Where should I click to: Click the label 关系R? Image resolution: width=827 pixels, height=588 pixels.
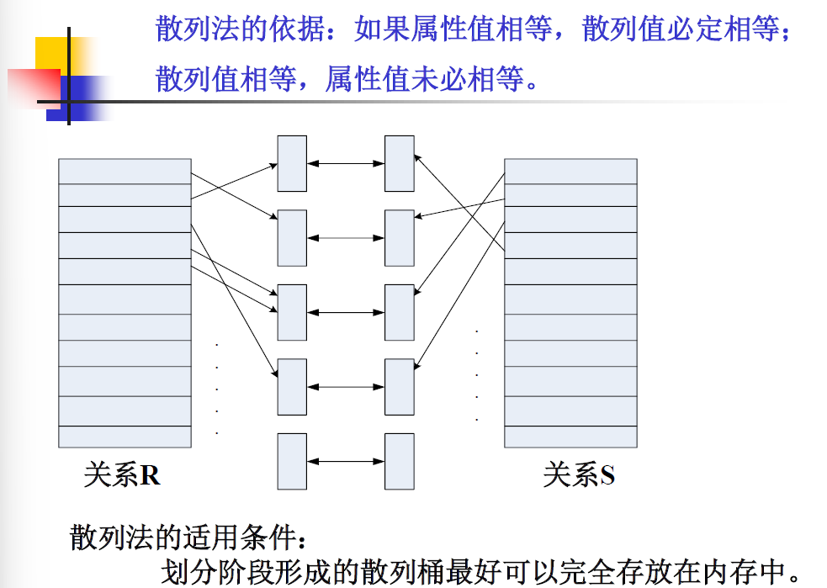pyautogui.click(x=122, y=475)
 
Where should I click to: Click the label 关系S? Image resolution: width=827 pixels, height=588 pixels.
pyautogui.click(x=579, y=475)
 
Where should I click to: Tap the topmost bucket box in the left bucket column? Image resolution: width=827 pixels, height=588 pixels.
pyautogui.click(x=292, y=163)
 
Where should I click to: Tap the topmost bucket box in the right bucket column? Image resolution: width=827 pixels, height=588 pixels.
pyautogui.click(x=399, y=163)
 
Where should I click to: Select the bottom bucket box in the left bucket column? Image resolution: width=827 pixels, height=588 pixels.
pyautogui.click(x=292, y=461)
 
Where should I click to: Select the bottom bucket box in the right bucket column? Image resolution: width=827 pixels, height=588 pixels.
pyautogui.click(x=399, y=461)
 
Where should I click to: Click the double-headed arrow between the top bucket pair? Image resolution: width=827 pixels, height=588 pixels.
pyautogui.click(x=346, y=163)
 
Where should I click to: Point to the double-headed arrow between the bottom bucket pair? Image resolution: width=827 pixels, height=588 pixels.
pyautogui.click(x=346, y=461)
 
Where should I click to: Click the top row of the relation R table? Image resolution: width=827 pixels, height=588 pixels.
pyautogui.click(x=125, y=171)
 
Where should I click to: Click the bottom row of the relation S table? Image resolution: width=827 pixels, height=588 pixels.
pyautogui.click(x=570, y=437)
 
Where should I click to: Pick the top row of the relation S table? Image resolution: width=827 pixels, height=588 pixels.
pyautogui.click(x=570, y=171)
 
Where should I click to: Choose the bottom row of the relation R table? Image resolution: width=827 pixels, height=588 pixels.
pyautogui.click(x=125, y=437)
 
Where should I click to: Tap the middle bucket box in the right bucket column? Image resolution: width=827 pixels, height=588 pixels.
pyautogui.click(x=399, y=312)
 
